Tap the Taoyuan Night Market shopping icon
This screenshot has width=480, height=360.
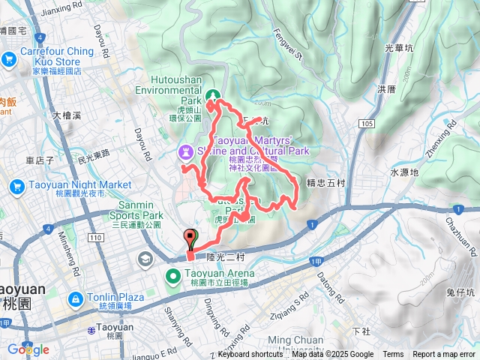pos(17,187)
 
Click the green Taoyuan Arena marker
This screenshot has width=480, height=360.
pos(172,279)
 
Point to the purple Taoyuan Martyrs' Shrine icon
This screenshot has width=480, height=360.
pos(185,152)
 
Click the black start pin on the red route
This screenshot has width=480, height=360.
pos(190,239)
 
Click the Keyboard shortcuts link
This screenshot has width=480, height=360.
pos(250,355)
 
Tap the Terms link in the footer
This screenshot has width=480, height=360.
pos(393,355)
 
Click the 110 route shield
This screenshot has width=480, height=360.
pos(94,238)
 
